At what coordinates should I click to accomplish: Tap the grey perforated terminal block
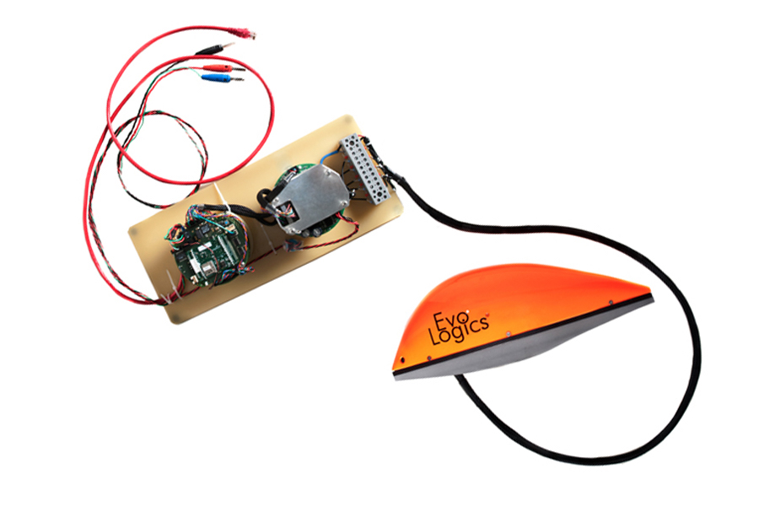pyautogui.click(x=364, y=169)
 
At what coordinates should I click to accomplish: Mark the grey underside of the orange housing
pyautogui.click(x=523, y=345)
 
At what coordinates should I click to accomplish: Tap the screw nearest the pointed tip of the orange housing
pyautogui.click(x=611, y=302)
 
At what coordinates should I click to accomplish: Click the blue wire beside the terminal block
pyautogui.click(x=329, y=156)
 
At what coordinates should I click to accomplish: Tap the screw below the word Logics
pyautogui.click(x=509, y=334)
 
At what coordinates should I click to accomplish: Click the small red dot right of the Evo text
pyautogui.click(x=467, y=311)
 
